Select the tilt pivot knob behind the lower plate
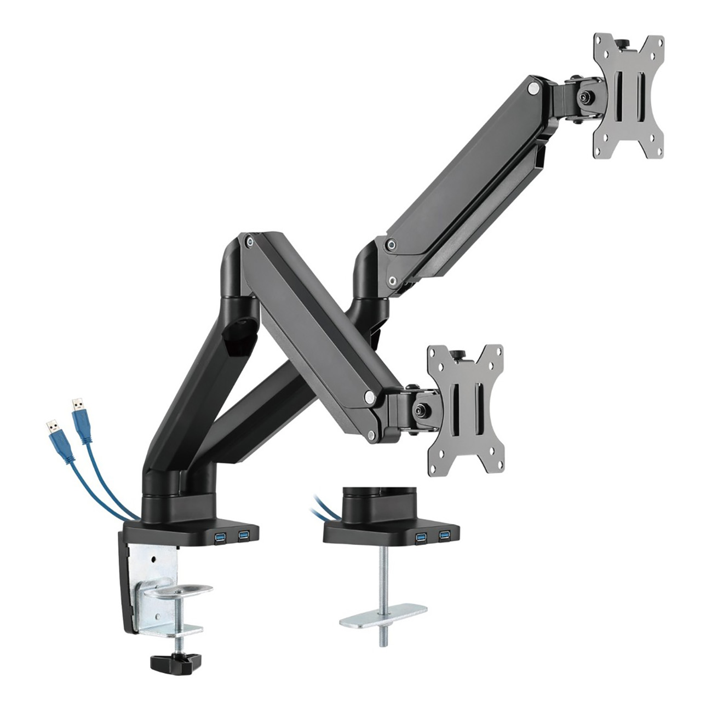[x=420, y=409]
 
